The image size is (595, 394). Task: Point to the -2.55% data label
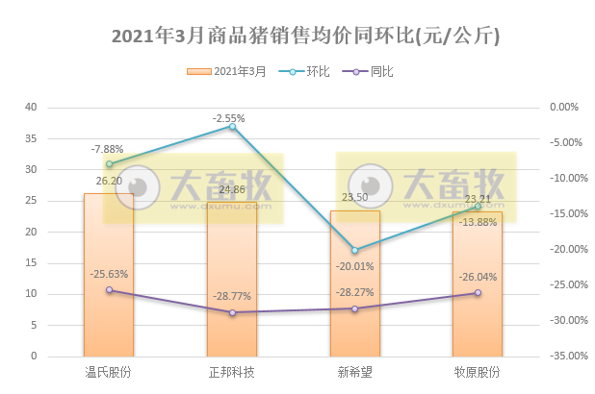pos(230,118)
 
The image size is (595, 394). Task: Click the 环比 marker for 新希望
pos(354,250)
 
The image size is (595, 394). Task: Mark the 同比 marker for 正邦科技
pos(232,312)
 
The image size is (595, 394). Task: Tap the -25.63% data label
pos(110,274)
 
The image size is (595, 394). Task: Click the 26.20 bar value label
pos(108,180)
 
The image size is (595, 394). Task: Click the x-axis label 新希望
pos(354,372)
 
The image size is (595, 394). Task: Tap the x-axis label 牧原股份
pos(478,372)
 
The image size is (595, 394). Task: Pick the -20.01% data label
pos(354,266)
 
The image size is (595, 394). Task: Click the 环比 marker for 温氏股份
pos(109,163)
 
